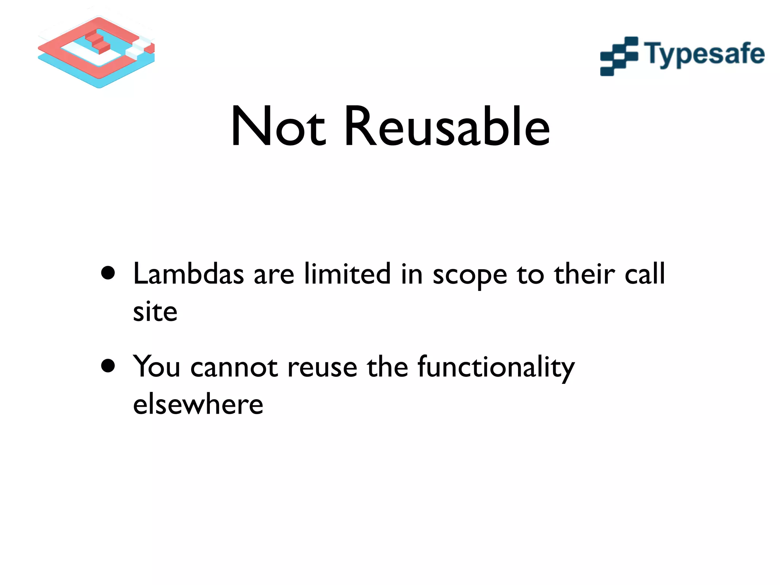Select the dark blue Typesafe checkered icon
tap(619, 56)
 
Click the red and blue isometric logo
tap(96, 52)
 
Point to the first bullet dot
tap(108, 273)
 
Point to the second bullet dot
tap(108, 366)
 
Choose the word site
tap(155, 312)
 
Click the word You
tap(156, 366)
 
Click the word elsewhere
tap(198, 404)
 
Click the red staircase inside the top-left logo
tap(97, 42)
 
